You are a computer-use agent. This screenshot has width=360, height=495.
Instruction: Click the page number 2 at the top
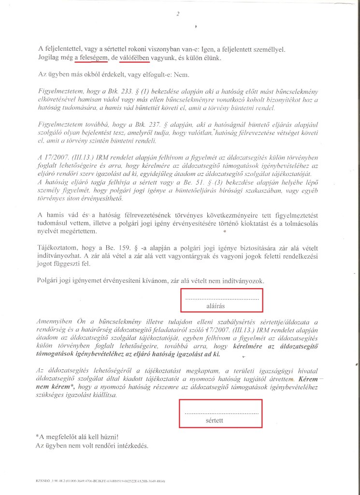click(178, 14)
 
